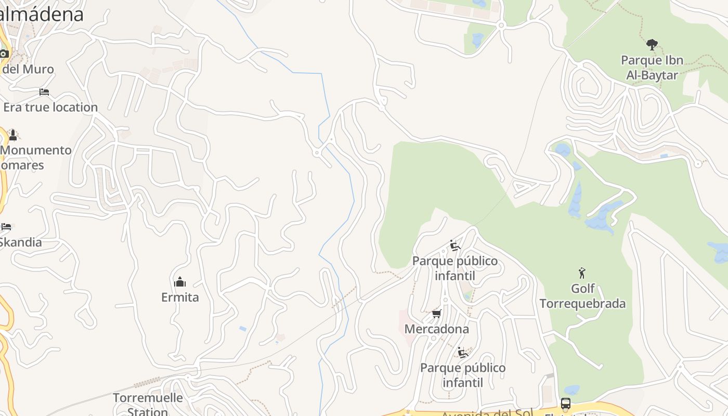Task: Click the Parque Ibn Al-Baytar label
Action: [x=652, y=68]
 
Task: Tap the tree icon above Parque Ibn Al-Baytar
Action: [x=652, y=45]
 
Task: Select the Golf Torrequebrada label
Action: [x=582, y=296]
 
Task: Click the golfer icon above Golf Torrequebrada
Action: [x=582, y=272]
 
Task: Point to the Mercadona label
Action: [x=436, y=329]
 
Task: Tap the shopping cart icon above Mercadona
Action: [x=437, y=314]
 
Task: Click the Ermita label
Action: [x=180, y=297]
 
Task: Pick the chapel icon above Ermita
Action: [x=180, y=282]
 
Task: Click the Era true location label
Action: [x=50, y=107]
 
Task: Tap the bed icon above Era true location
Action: [x=44, y=92]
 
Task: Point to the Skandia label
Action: [x=21, y=242]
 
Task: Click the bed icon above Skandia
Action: [x=6, y=227]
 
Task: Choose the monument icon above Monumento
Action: [x=13, y=135]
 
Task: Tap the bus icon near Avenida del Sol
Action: [x=566, y=403]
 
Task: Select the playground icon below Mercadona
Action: [x=463, y=353]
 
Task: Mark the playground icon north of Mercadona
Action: [x=455, y=245]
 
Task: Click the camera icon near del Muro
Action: [x=4, y=54]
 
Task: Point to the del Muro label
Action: [x=27, y=69]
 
